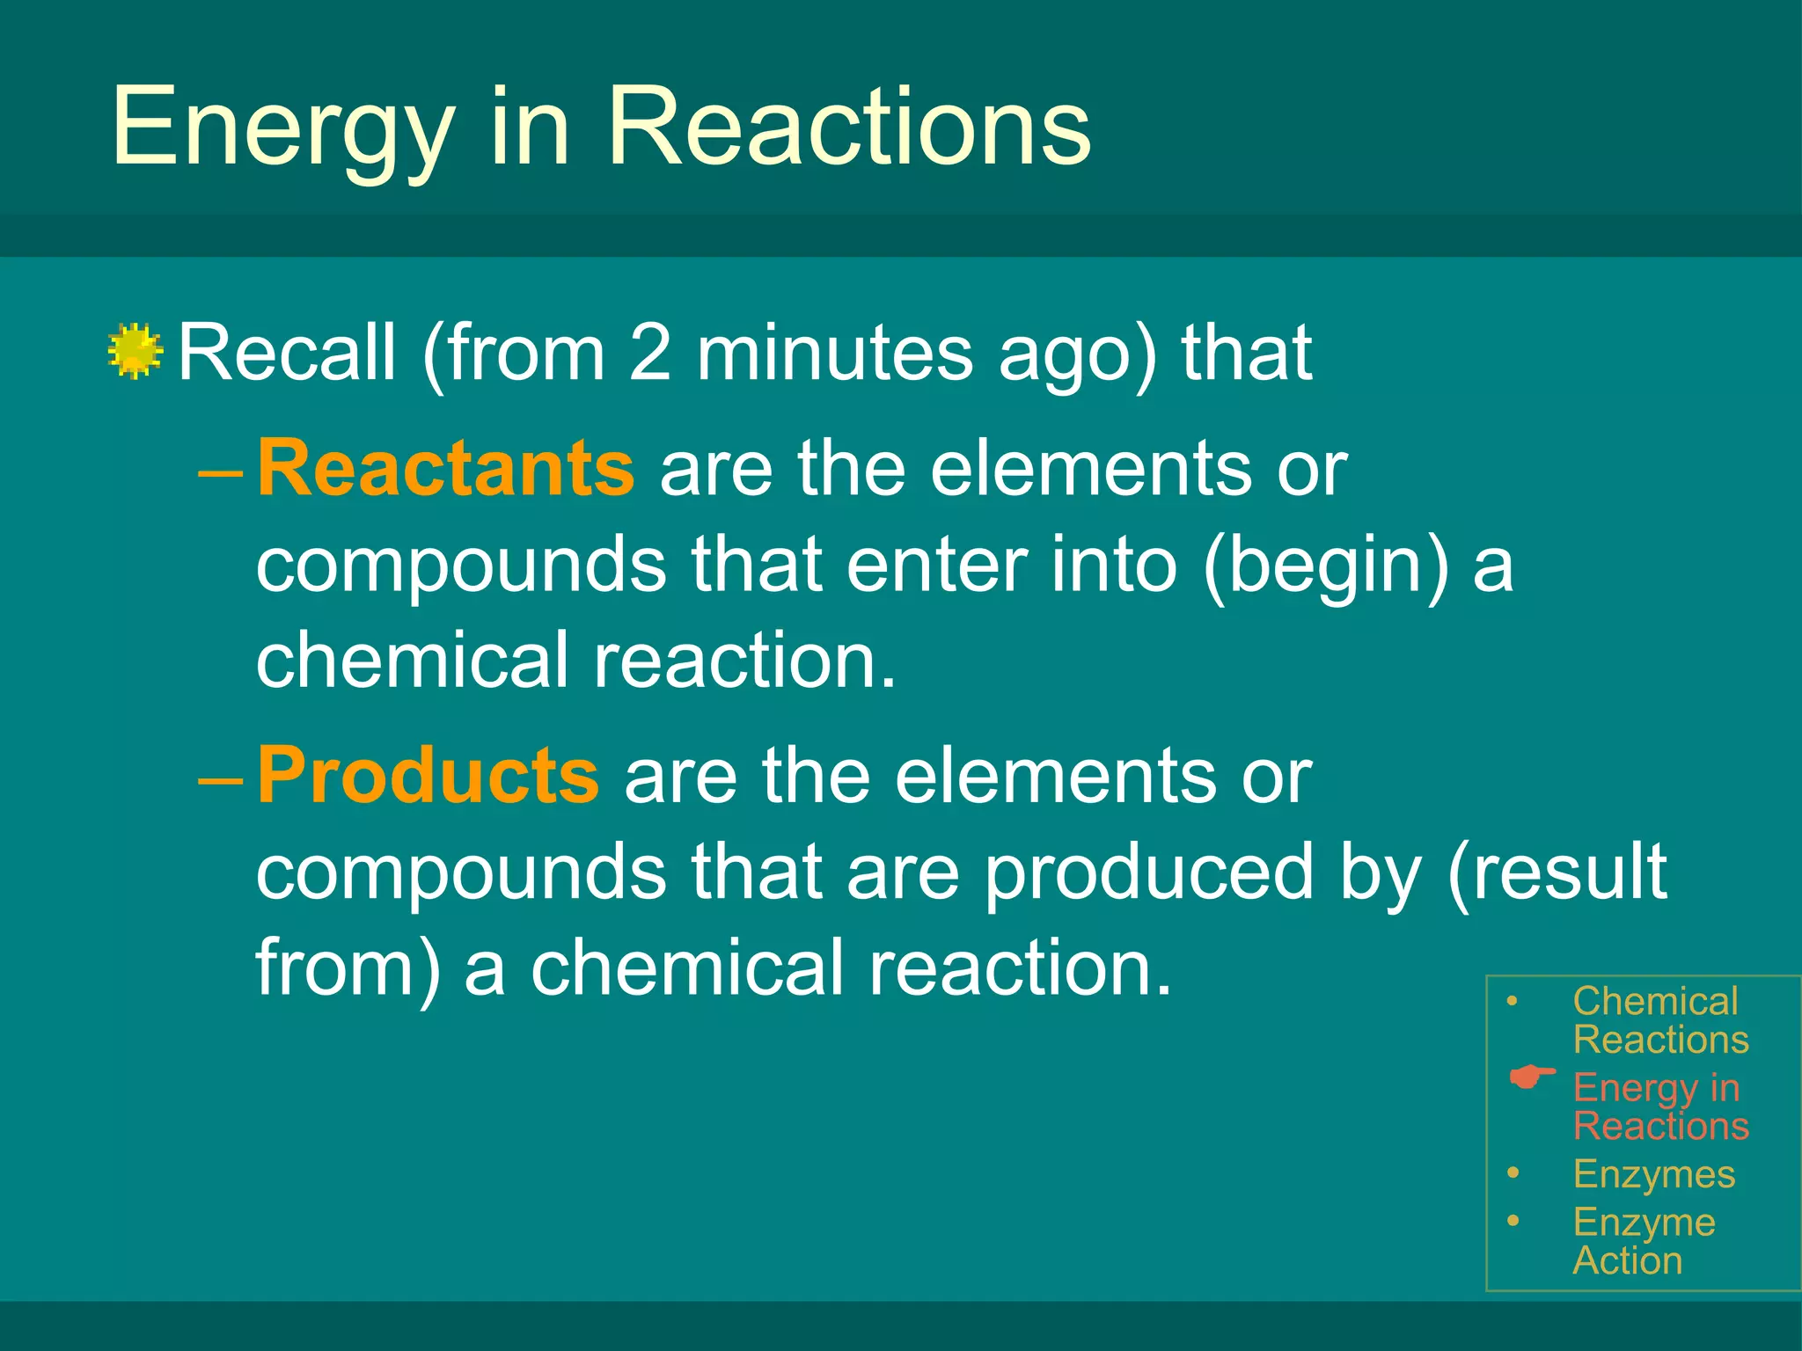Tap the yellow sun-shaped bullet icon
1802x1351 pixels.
[x=136, y=352]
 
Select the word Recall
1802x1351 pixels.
[x=287, y=352]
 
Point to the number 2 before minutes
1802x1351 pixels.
[x=650, y=352]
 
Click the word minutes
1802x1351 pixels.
[x=835, y=352]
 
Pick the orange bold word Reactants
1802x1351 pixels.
[x=445, y=468]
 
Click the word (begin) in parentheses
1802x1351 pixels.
[x=1326, y=565]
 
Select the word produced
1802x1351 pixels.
[x=1148, y=873]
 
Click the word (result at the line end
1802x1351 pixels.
[x=1557, y=873]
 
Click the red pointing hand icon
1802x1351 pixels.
[x=1532, y=1077]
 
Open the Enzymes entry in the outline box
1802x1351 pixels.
[x=1653, y=1174]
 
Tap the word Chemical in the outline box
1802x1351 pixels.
[x=1655, y=1001]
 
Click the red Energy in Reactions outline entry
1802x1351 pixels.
[x=1659, y=1106]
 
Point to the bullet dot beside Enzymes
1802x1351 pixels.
[x=1513, y=1172]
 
